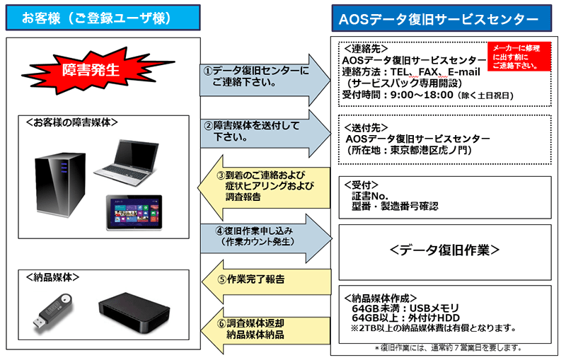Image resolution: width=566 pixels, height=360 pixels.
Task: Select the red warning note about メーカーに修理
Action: (518, 56)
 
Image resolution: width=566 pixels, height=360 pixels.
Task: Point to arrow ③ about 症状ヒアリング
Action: (259, 186)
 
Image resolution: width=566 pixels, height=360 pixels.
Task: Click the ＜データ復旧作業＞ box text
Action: (444, 250)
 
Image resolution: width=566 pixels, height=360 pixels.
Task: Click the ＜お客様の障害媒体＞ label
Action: (71, 122)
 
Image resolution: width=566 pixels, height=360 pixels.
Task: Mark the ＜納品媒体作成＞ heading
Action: (381, 298)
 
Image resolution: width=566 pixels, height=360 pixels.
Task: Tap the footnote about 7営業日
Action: (448, 347)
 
